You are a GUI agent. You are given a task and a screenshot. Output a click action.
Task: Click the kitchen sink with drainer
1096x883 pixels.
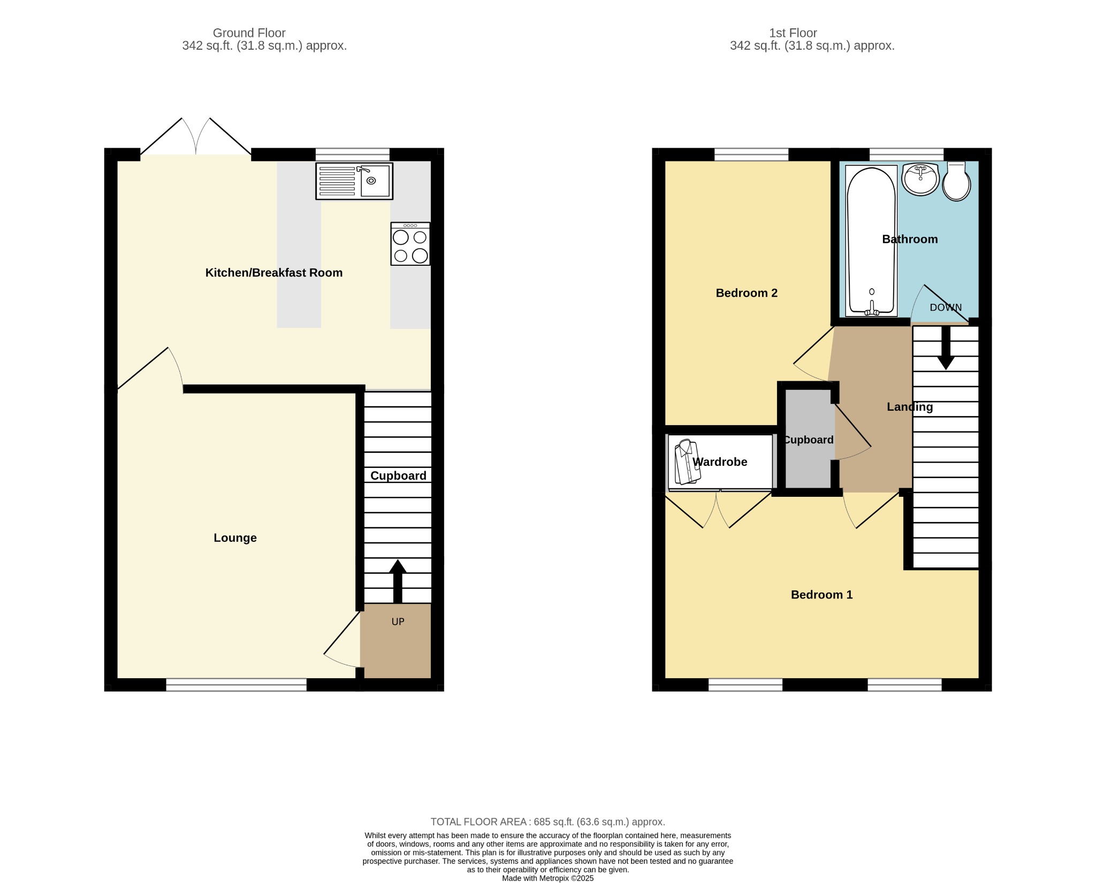tap(354, 181)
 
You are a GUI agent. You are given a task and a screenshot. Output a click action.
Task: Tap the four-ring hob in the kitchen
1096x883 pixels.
tap(410, 244)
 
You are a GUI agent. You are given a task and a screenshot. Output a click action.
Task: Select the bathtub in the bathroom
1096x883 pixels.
tap(871, 241)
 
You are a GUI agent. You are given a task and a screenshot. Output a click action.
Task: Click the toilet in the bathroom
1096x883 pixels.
tap(956, 181)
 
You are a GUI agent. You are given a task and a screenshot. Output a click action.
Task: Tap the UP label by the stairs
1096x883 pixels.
tap(398, 621)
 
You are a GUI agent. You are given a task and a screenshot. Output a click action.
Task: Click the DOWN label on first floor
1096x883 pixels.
tap(946, 308)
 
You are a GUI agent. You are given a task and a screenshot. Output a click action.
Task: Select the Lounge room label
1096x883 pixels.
tap(235, 538)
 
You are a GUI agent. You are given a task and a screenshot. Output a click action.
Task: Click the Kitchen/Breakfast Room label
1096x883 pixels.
tap(274, 273)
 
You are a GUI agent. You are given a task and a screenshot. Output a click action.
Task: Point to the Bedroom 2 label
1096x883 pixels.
tap(747, 293)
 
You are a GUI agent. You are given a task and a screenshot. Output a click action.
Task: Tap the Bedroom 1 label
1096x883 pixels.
tap(821, 595)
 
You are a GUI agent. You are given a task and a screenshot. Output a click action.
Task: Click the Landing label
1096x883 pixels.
tap(910, 407)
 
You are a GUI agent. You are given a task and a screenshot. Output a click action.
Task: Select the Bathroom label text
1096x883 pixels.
tap(910, 239)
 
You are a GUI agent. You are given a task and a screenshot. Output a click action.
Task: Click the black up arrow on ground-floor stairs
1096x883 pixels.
tap(398, 581)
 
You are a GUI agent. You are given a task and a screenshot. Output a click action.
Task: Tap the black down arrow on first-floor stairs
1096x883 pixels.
tap(946, 348)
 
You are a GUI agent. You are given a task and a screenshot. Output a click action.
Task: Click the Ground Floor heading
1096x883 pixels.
tap(249, 33)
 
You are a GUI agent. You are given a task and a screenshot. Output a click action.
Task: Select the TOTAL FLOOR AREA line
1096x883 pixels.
tap(548, 822)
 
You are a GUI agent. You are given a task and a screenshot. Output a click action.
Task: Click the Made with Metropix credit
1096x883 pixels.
tap(548, 878)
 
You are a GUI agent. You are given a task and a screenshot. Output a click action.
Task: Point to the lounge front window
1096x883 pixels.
tap(236, 685)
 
